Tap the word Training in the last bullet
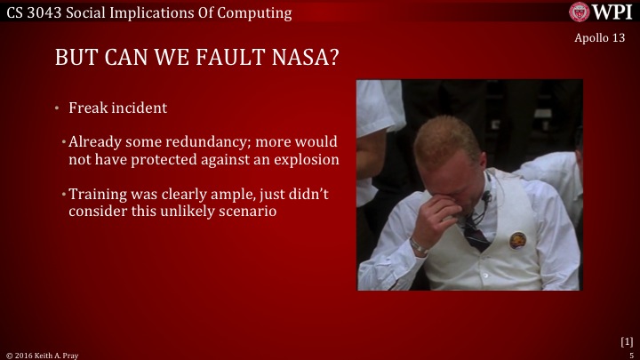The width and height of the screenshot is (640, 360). click(x=98, y=195)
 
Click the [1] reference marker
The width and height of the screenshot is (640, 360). click(x=626, y=341)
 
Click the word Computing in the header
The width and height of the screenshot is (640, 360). click(x=253, y=12)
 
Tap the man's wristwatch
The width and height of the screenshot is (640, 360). click(x=419, y=245)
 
